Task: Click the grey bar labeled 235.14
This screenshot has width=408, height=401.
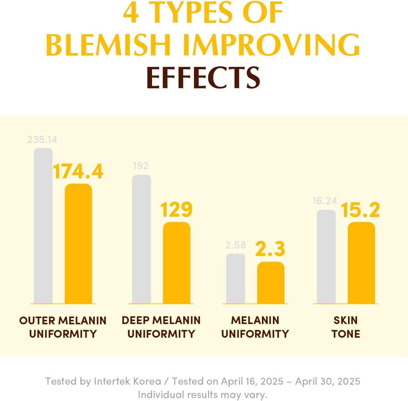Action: coord(43,226)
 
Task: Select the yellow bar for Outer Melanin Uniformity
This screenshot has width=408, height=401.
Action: coord(78,244)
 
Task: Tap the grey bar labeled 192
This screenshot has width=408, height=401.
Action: coord(141,239)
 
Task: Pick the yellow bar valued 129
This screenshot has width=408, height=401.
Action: coord(177,263)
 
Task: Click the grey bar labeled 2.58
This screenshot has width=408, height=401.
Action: coord(236,279)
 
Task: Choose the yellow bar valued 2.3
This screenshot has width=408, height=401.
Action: coord(271,283)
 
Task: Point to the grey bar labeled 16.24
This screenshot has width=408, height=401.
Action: coord(326,257)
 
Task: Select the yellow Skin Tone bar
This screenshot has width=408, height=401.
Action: coord(361,263)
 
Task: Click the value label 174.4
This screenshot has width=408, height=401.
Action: coord(78,172)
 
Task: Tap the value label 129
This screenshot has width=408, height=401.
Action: coord(176,210)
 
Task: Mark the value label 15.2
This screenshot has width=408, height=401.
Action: coord(360,210)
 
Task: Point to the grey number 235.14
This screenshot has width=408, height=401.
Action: coord(42,140)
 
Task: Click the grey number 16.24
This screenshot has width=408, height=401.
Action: coord(325,201)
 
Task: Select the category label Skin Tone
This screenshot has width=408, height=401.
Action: coord(346,327)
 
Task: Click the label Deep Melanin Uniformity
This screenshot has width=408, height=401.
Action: coord(161,327)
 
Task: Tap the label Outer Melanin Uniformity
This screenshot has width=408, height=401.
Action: coord(63,327)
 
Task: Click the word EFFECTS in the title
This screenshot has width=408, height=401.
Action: coord(203,77)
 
